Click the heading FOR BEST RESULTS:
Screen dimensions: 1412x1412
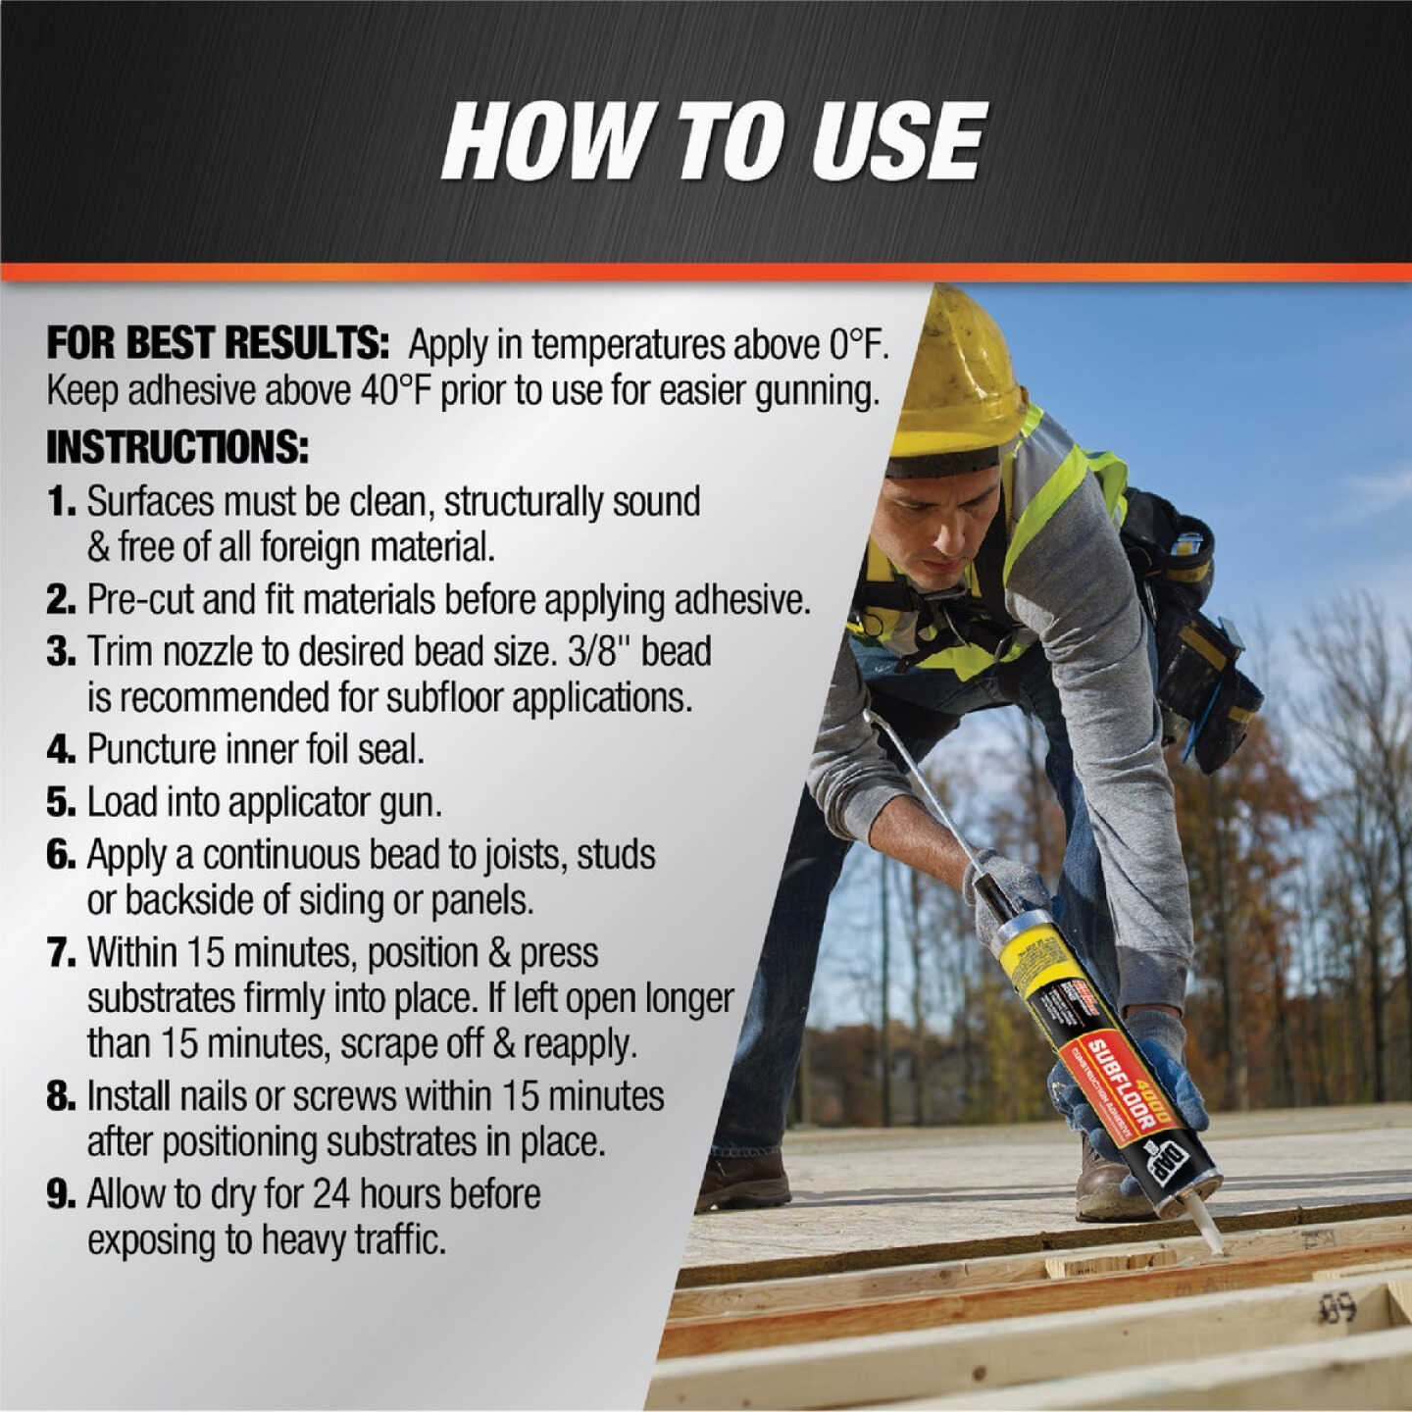click(x=218, y=344)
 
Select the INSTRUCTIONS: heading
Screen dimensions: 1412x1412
click(x=177, y=447)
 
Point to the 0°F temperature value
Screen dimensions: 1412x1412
click(x=857, y=344)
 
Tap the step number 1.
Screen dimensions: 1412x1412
click(x=61, y=502)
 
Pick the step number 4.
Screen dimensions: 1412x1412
click(x=61, y=750)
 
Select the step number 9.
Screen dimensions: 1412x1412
click(x=61, y=1194)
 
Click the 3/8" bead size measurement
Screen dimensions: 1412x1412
click(x=599, y=652)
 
